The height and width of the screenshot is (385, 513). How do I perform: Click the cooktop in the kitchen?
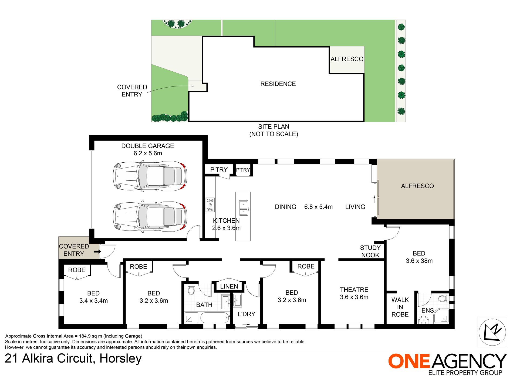[x=210, y=205]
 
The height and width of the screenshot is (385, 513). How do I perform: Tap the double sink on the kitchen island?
[x=244, y=208]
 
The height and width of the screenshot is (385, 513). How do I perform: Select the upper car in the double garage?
[x=150, y=176]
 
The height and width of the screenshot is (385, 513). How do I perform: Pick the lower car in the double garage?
[x=150, y=217]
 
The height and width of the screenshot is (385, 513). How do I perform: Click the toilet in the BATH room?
[x=191, y=289]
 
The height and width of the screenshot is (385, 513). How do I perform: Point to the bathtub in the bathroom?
[x=215, y=318]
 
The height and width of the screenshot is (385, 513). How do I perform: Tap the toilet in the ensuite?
[x=443, y=299]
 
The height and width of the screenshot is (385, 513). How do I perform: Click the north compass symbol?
[x=492, y=332]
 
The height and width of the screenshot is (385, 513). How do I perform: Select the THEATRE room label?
[x=354, y=290]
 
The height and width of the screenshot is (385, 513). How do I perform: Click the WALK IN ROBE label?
[x=400, y=307]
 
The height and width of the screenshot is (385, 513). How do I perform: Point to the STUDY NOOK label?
[x=370, y=252]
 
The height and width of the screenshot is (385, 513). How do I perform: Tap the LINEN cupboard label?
[x=229, y=286]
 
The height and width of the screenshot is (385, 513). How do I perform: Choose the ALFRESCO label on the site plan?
[x=347, y=59]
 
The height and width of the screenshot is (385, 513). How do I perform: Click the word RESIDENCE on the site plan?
[x=278, y=84]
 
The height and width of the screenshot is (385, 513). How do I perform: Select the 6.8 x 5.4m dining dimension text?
[x=318, y=207]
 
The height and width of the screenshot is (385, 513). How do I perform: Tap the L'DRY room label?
[x=246, y=314]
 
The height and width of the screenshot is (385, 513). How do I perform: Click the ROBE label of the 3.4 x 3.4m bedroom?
[x=77, y=270]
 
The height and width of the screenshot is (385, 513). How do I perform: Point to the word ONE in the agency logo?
[x=409, y=361]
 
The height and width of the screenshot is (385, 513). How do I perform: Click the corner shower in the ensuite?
[x=441, y=316]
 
